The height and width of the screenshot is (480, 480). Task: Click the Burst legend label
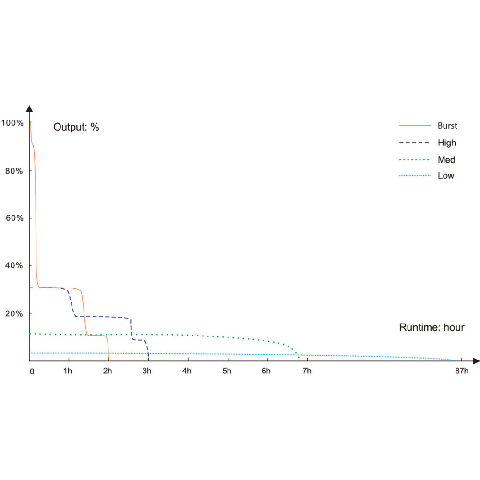coord(447,126)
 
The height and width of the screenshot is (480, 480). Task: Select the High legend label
coord(447,143)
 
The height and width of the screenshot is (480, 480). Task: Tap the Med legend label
coord(446,159)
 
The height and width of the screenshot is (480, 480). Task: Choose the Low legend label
coord(446,175)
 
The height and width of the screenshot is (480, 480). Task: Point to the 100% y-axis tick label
coord(12,123)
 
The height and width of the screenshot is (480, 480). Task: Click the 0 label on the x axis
coord(32,372)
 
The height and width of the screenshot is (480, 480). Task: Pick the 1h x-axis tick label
coord(68,371)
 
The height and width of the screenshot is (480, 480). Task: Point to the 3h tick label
coord(147,371)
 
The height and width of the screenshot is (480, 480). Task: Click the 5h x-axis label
coord(227,371)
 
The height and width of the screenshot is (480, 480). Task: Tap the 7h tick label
coord(306,371)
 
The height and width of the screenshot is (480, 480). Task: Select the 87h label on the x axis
coord(461,371)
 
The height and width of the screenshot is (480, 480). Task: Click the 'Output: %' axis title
coord(76,127)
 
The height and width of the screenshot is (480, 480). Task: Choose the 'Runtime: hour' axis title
coord(432,327)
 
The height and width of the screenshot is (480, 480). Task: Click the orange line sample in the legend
coord(415,126)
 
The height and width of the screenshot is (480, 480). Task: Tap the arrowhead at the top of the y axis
coord(29,108)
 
